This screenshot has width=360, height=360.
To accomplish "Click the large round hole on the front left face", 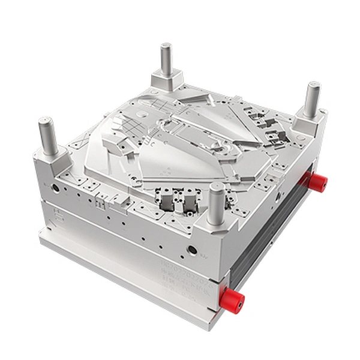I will (56, 188).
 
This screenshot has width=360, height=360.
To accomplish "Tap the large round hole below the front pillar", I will (192, 250).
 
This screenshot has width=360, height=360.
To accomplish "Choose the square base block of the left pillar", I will (53, 159).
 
